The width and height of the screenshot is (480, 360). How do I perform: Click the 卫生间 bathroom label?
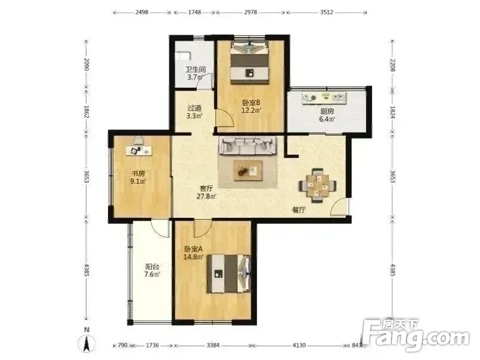pyautogui.click(x=196, y=69)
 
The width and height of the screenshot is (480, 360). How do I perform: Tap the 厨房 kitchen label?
pyautogui.click(x=327, y=111)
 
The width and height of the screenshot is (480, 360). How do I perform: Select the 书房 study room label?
pyautogui.click(x=138, y=173)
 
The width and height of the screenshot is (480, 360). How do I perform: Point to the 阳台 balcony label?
pyautogui.click(x=152, y=266)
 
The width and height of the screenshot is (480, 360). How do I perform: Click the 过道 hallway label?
pyautogui.click(x=195, y=108)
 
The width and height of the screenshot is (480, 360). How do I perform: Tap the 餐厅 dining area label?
pyautogui.click(x=299, y=210)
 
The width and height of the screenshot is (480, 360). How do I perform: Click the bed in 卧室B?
pyautogui.click(x=250, y=63)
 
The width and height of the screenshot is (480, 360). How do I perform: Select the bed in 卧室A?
pyautogui.click(x=229, y=273)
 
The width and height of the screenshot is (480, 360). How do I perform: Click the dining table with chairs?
pyautogui.click(x=318, y=185)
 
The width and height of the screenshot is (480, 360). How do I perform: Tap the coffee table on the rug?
pyautogui.click(x=248, y=171)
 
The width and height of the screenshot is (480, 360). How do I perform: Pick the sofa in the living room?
pyautogui.click(x=247, y=145)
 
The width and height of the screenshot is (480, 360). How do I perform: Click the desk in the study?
pyautogui.click(x=139, y=150)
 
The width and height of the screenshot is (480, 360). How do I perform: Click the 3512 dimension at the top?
pyautogui.click(x=327, y=13)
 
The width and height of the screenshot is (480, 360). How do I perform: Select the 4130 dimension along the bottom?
pyautogui.click(x=299, y=345)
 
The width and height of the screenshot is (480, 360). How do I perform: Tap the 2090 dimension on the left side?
pyautogui.click(x=87, y=64)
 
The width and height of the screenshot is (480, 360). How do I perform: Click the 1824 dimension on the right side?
pyautogui.click(x=392, y=112)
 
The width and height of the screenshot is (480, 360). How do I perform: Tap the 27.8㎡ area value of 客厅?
pyautogui.click(x=207, y=196)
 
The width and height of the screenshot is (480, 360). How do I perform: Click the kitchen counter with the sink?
pyautogui.click(x=325, y=98)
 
